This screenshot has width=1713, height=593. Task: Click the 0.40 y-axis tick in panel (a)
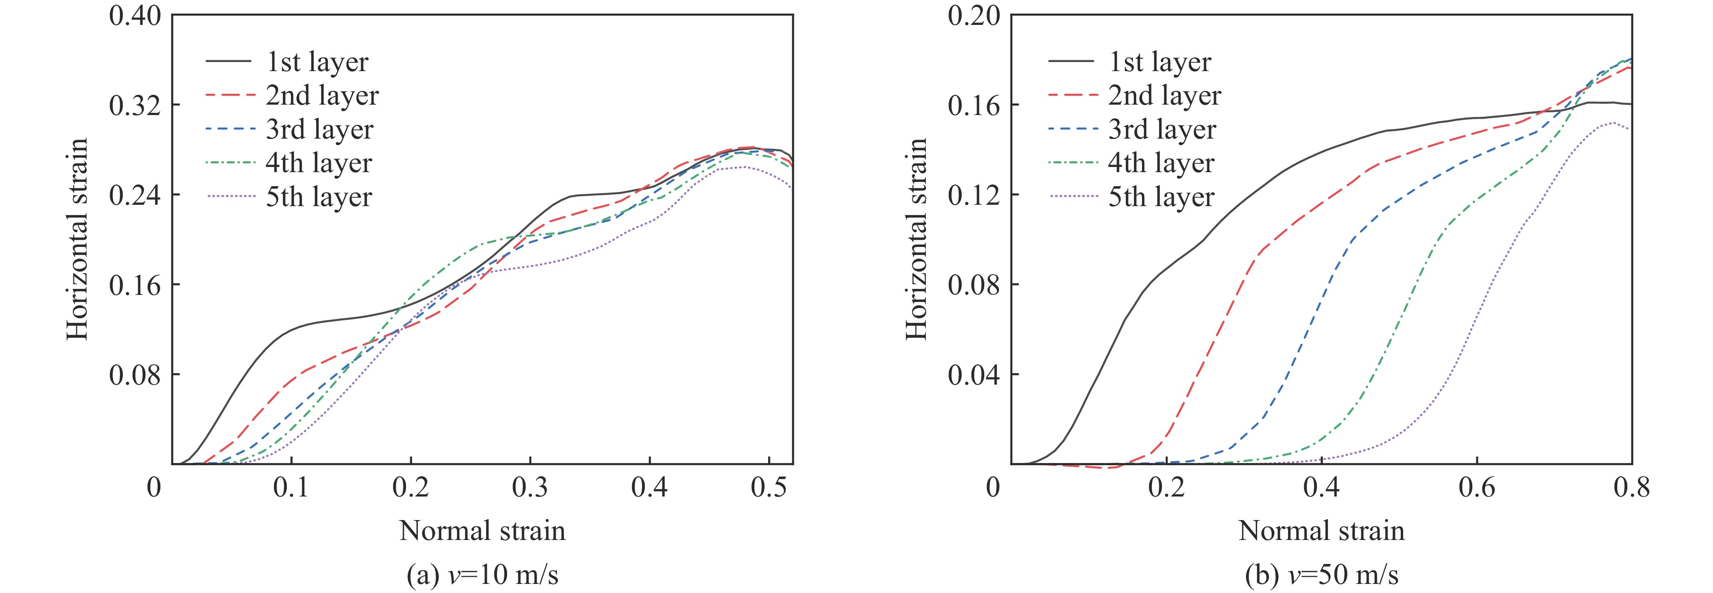pos(135,15)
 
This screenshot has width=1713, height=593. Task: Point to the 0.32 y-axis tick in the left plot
pos(135,105)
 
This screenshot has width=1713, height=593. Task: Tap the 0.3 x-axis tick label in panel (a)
pos(530,487)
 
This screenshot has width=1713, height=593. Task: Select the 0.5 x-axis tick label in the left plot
pos(769,487)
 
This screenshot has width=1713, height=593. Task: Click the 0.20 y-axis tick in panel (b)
pos(973,15)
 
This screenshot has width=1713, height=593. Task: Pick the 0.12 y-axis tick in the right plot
pos(973,195)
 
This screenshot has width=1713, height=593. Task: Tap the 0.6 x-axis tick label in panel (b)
pos(1476,487)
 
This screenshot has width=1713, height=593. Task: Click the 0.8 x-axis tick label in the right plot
pos(1631,487)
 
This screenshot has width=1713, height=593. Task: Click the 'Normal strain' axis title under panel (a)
pos(482,530)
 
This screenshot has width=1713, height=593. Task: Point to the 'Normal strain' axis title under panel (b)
pos(1321,530)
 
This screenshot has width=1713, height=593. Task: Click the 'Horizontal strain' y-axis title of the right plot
pos(916,239)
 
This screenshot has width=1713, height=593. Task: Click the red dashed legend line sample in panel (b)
pos(1072,96)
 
